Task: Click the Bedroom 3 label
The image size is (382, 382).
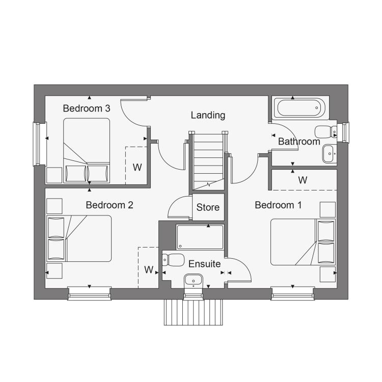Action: click(87, 108)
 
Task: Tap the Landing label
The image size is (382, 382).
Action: click(208, 115)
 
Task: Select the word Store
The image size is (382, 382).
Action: click(208, 207)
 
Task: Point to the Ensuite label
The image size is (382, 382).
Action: click(205, 264)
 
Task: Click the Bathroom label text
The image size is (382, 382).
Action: click(299, 142)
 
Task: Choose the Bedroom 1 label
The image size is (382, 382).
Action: click(278, 205)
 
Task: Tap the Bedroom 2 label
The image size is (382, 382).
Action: click(110, 205)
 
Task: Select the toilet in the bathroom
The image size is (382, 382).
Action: click(326, 132)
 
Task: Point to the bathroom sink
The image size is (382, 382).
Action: click(330, 154)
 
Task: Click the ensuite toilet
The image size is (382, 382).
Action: click(173, 260)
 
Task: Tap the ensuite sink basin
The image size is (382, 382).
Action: click(194, 281)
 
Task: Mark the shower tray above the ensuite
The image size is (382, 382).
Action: click(200, 237)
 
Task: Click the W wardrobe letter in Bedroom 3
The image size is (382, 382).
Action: click(137, 168)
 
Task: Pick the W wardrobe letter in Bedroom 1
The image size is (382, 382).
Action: click(303, 180)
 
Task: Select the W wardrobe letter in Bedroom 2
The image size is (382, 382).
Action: click(149, 269)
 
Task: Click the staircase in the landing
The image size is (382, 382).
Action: click(208, 161)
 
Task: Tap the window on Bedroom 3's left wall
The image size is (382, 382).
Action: click(37, 144)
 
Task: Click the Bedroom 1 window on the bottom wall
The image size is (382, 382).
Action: click(292, 293)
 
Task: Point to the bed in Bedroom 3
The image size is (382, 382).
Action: click(87, 151)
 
